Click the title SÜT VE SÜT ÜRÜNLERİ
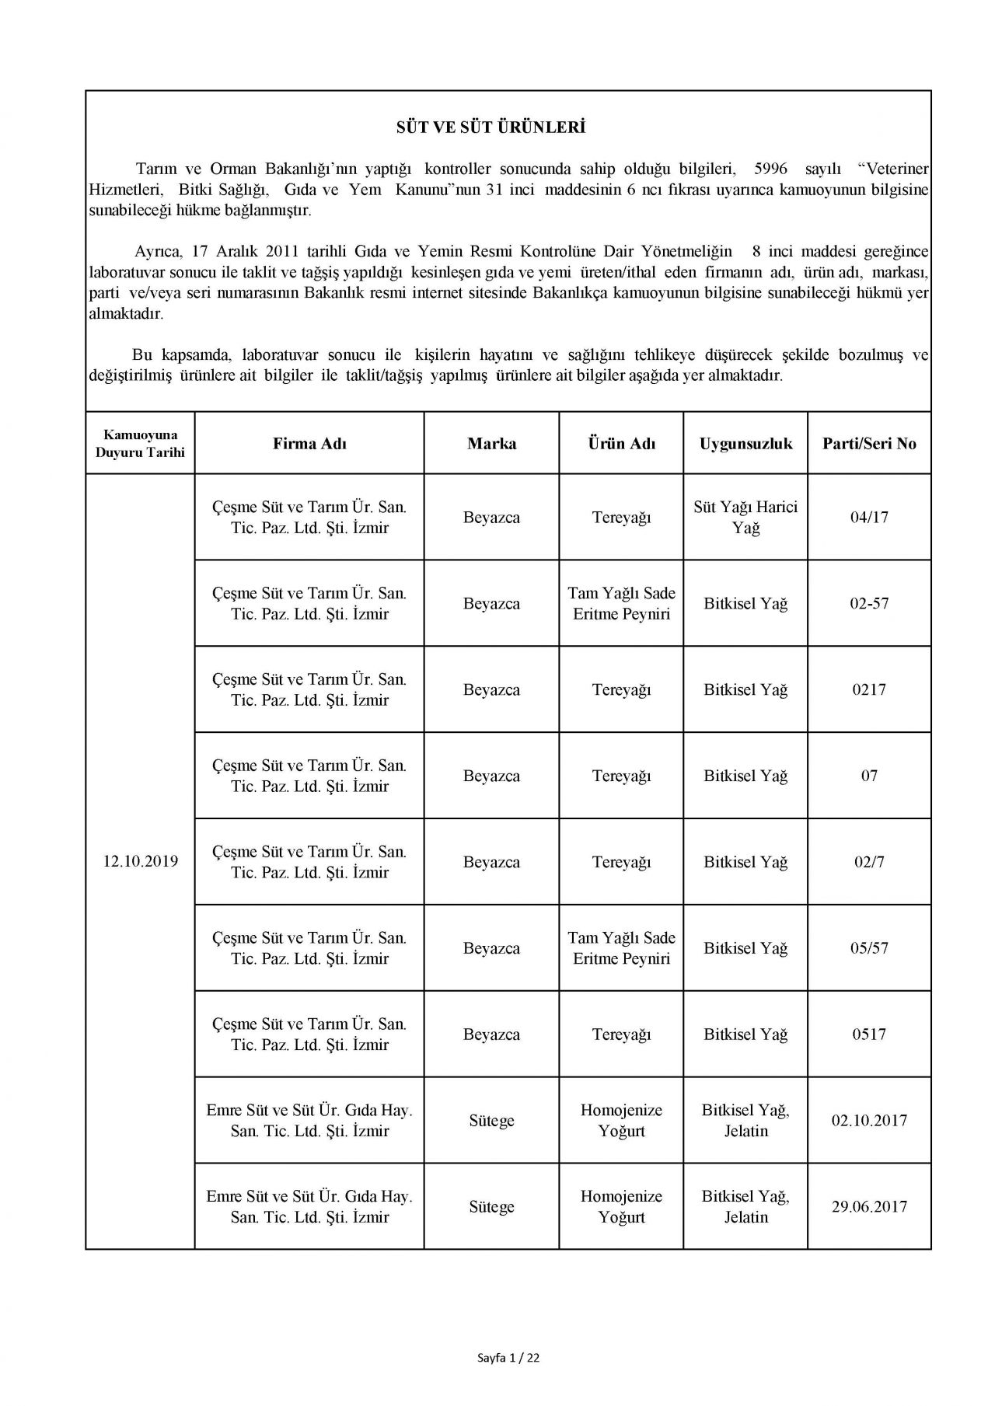tap(491, 127)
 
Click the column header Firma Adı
tap(309, 444)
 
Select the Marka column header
tap(491, 444)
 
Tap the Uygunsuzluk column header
tap(745, 444)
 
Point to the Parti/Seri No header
tap(869, 444)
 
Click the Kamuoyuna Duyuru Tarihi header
tap(140, 444)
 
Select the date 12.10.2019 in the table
tap(140, 861)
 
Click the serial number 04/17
tap(869, 518)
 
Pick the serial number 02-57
tap(869, 604)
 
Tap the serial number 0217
tap(869, 690)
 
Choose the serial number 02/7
tap(869, 862)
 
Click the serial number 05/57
tap(869, 948)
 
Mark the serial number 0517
tap(869, 1034)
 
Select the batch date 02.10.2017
tap(869, 1121)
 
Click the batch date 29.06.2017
tap(869, 1207)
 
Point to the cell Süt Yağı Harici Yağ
tap(745, 518)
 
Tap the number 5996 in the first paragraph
tap(770, 169)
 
